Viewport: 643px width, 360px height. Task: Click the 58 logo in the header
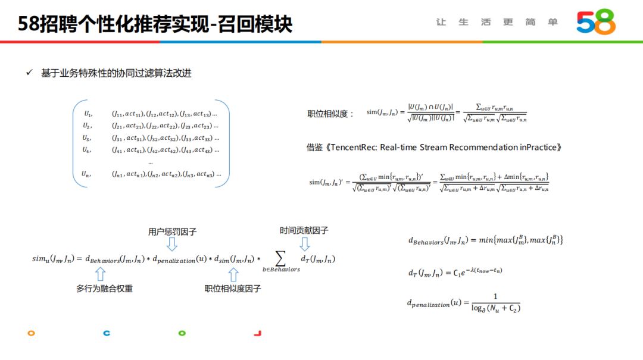point(596,22)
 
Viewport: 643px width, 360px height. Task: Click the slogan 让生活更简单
point(497,22)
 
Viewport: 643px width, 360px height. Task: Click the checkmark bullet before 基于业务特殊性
point(29,73)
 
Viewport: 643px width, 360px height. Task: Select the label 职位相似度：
point(330,114)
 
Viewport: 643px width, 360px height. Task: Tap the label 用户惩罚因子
point(172,231)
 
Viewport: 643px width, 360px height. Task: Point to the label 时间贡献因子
point(304,230)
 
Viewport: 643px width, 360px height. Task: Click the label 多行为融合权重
point(104,289)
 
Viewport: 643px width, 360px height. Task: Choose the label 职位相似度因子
point(233,289)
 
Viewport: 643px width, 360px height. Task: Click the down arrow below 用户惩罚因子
point(171,245)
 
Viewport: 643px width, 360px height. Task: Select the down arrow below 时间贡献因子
point(304,244)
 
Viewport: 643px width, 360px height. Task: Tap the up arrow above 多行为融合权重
point(100,274)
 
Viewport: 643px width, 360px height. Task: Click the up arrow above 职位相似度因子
point(233,274)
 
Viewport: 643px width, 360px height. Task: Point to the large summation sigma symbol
point(281,257)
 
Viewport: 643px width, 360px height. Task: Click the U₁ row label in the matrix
point(88,114)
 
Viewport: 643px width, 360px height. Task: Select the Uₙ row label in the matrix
point(86,174)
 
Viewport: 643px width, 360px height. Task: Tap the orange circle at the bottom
point(31,333)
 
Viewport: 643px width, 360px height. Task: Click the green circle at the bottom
point(182,333)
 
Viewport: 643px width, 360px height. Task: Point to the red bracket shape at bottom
point(258,333)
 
